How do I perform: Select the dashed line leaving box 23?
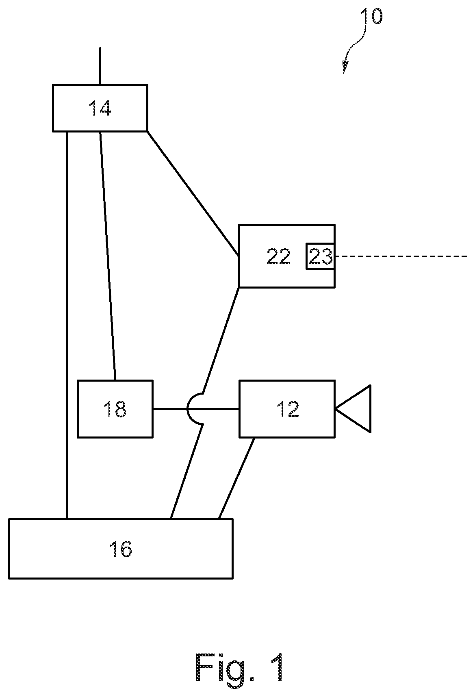pos(402,256)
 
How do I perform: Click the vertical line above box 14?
pos(100,66)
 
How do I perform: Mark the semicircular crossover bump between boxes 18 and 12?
pos(188,409)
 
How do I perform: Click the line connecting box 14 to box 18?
pos(108,256)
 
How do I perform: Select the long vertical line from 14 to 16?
pos(67,325)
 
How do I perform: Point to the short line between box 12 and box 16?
pos(236,478)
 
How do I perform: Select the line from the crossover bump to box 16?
pos(186,471)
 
